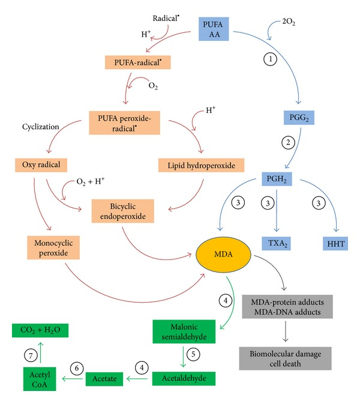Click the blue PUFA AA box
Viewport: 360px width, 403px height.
(213, 29)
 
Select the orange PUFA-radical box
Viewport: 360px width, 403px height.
(136, 62)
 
